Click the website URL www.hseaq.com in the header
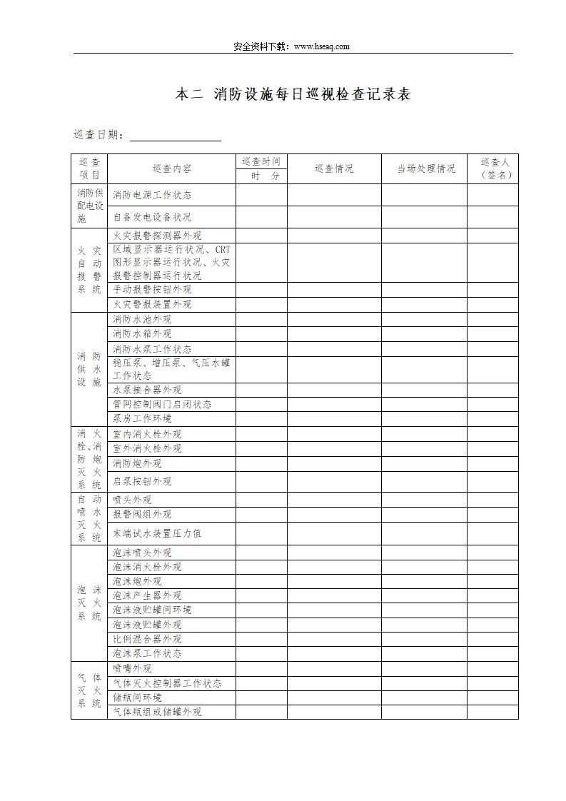pyautogui.click(x=320, y=46)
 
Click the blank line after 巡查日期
pyautogui.click(x=175, y=136)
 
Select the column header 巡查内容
pyautogui.click(x=171, y=169)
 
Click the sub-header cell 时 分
pyautogui.click(x=261, y=176)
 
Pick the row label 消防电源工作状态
pyautogui.click(x=152, y=195)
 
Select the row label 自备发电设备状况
pyautogui.click(x=152, y=217)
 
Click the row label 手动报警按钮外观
pyautogui.click(x=152, y=290)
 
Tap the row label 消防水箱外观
pyautogui.click(x=142, y=333)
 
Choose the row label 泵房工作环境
pyautogui.click(x=142, y=418)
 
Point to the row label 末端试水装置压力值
pyautogui.click(x=157, y=533)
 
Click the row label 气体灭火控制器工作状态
pyautogui.click(x=167, y=683)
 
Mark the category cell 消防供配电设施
pyautogui.click(x=89, y=206)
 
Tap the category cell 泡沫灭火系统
pyautogui.click(x=89, y=603)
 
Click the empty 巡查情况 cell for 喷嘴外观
pyautogui.click(x=333, y=669)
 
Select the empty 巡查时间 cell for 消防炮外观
pyautogui.click(x=261, y=463)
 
